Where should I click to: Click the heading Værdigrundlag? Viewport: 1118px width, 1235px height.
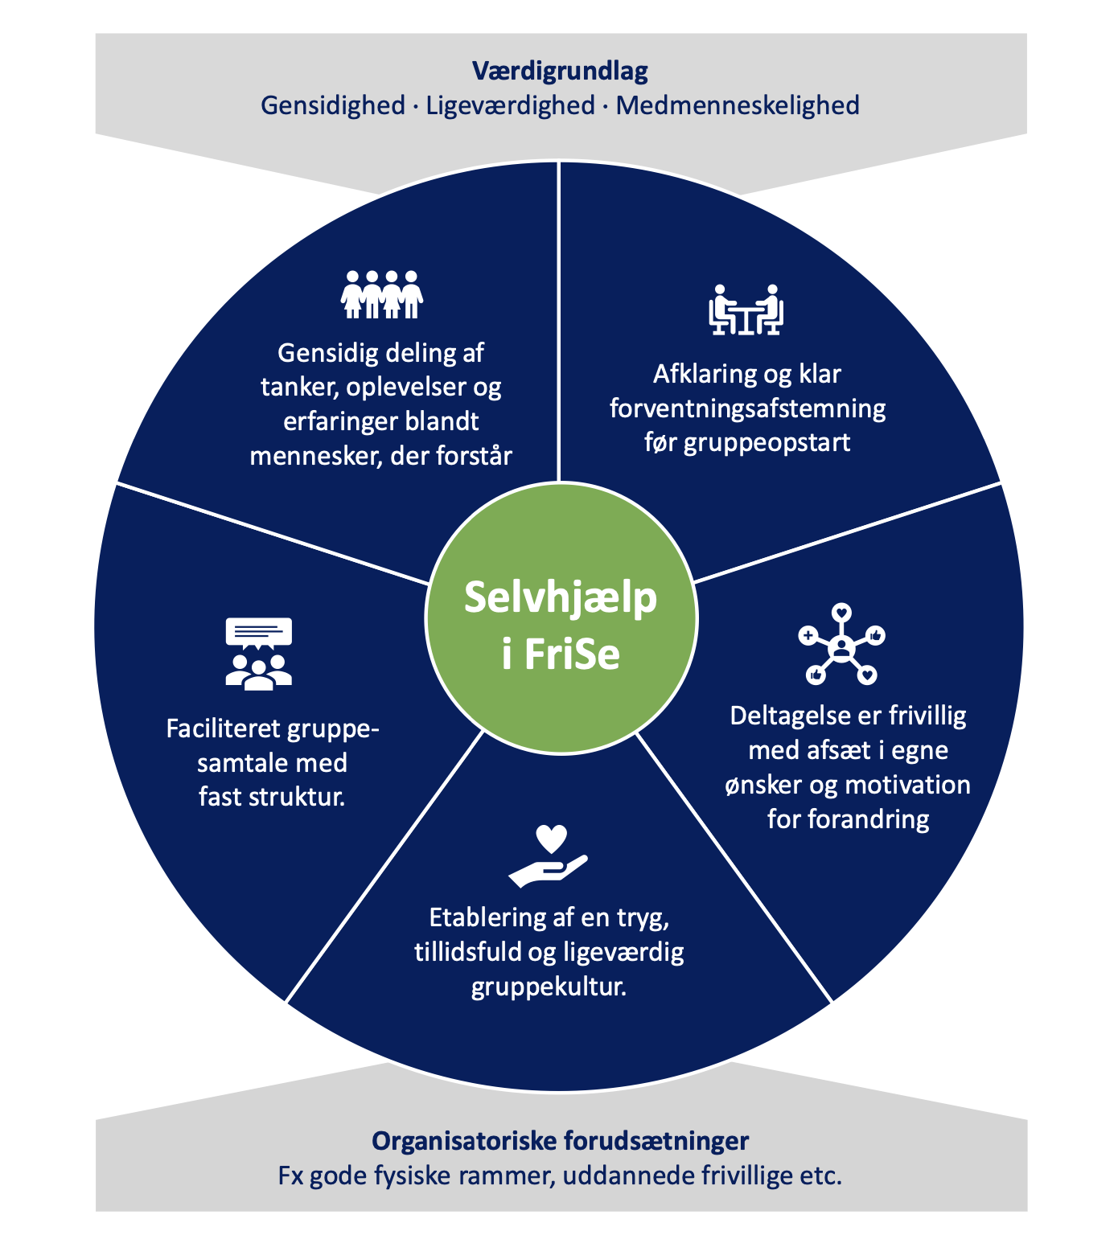pos(559,72)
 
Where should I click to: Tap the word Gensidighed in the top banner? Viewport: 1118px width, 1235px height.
pos(333,105)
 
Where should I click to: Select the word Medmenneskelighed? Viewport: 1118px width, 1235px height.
pos(738,105)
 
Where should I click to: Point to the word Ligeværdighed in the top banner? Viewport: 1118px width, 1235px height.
pos(510,105)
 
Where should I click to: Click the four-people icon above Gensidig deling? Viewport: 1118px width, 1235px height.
pos(382,294)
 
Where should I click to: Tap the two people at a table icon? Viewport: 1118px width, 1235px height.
pos(746,310)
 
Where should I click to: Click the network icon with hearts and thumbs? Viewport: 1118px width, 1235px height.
pos(841,645)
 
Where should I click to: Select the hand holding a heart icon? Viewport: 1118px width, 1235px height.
pos(549,857)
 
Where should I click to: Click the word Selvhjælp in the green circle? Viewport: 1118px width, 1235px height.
pos(561,598)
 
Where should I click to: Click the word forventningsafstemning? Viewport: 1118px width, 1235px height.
pos(747,408)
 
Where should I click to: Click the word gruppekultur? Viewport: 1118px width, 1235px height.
pos(549,987)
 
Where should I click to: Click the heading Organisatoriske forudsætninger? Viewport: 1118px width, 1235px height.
pos(560,1141)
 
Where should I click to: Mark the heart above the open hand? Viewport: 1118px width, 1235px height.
pos(552,839)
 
